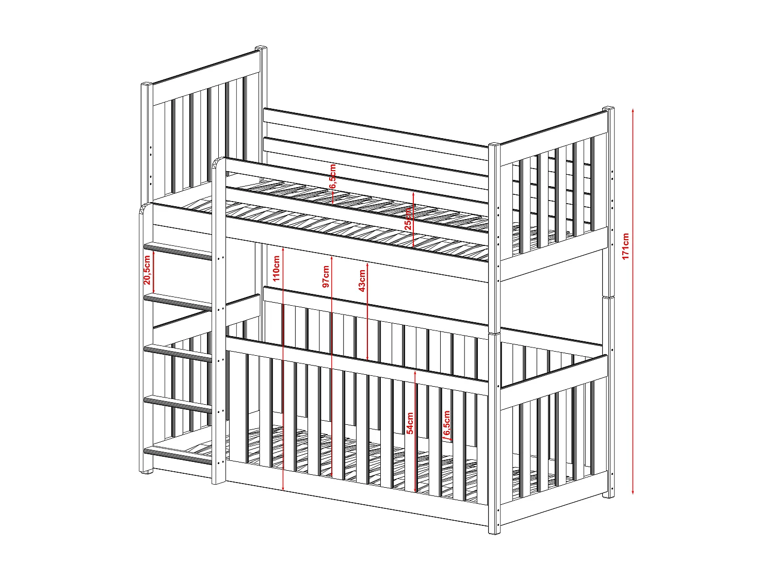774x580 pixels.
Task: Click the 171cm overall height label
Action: click(x=625, y=246)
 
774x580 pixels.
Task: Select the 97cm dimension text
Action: click(x=326, y=277)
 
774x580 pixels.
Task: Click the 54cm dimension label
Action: click(x=410, y=423)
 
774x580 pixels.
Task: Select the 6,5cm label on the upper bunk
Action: click(x=333, y=176)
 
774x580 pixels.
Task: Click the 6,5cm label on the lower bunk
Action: click(x=447, y=423)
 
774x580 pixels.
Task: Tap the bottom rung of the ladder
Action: click(x=178, y=455)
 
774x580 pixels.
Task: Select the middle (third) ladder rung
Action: click(x=178, y=353)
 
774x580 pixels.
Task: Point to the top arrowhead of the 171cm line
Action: click(x=633, y=110)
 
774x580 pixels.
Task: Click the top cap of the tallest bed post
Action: click(x=262, y=48)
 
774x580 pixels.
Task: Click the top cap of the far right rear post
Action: click(x=609, y=109)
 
